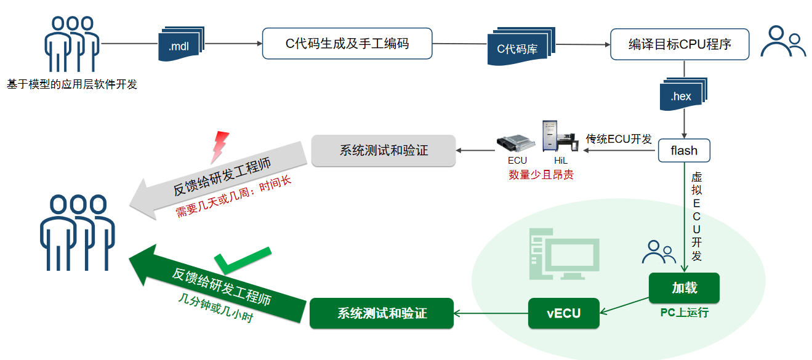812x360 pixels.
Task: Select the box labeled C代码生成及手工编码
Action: pos(347,44)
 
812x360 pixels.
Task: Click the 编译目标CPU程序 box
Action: pos(680,44)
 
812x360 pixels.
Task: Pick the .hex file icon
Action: pos(682,95)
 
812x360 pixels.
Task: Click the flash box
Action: pos(683,150)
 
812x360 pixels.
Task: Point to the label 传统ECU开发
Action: pos(619,139)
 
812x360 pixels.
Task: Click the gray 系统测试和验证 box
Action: pos(384,151)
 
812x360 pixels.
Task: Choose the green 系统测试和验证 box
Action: pos(382,313)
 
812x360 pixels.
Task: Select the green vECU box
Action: pos(563,313)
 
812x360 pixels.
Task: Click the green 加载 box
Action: pos(684,288)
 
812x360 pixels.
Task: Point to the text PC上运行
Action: pos(684,313)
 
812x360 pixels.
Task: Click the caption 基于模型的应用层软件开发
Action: pos(72,84)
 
